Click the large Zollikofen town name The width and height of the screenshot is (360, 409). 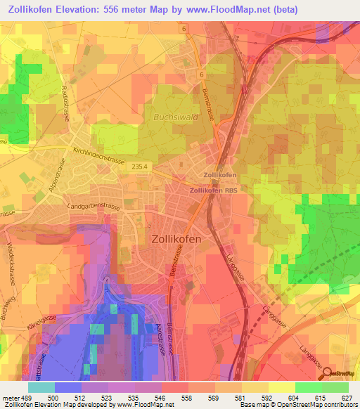176,239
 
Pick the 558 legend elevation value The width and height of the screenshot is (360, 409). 188,398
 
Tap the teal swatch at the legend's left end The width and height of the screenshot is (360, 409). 41,387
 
